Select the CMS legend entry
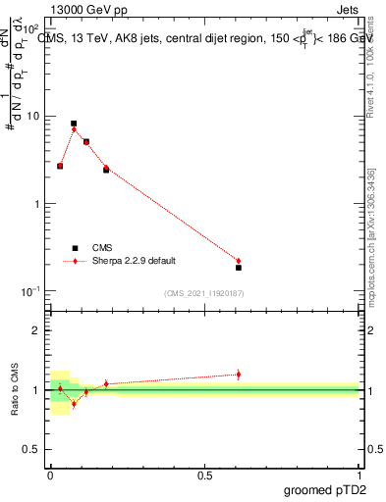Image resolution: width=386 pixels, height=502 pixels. point(101,248)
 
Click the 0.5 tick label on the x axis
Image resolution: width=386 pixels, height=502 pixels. point(204,475)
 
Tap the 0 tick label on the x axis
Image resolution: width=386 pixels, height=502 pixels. point(50,475)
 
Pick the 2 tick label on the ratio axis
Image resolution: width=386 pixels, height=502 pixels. point(36,330)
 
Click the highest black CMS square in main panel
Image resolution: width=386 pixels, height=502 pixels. point(74,124)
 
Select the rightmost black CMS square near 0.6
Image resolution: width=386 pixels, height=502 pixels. point(239,268)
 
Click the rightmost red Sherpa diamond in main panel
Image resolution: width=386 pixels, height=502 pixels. point(239,261)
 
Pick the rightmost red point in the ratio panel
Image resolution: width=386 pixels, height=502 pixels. point(239,374)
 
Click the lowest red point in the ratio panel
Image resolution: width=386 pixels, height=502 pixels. point(74,403)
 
